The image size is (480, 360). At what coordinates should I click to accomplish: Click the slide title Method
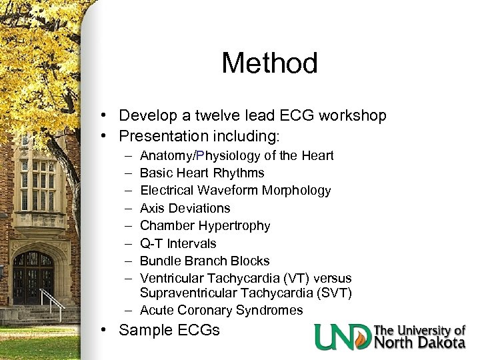coord(269,64)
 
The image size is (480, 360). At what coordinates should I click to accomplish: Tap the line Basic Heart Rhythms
coord(202,173)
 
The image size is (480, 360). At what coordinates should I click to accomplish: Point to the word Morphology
coord(297,191)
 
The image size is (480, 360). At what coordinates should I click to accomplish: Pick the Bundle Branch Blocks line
coord(205,261)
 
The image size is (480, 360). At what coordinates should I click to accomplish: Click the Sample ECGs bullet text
coord(169,330)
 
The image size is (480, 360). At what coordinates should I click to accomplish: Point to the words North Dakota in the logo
coord(419,343)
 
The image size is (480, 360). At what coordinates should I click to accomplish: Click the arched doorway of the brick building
coord(33,277)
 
